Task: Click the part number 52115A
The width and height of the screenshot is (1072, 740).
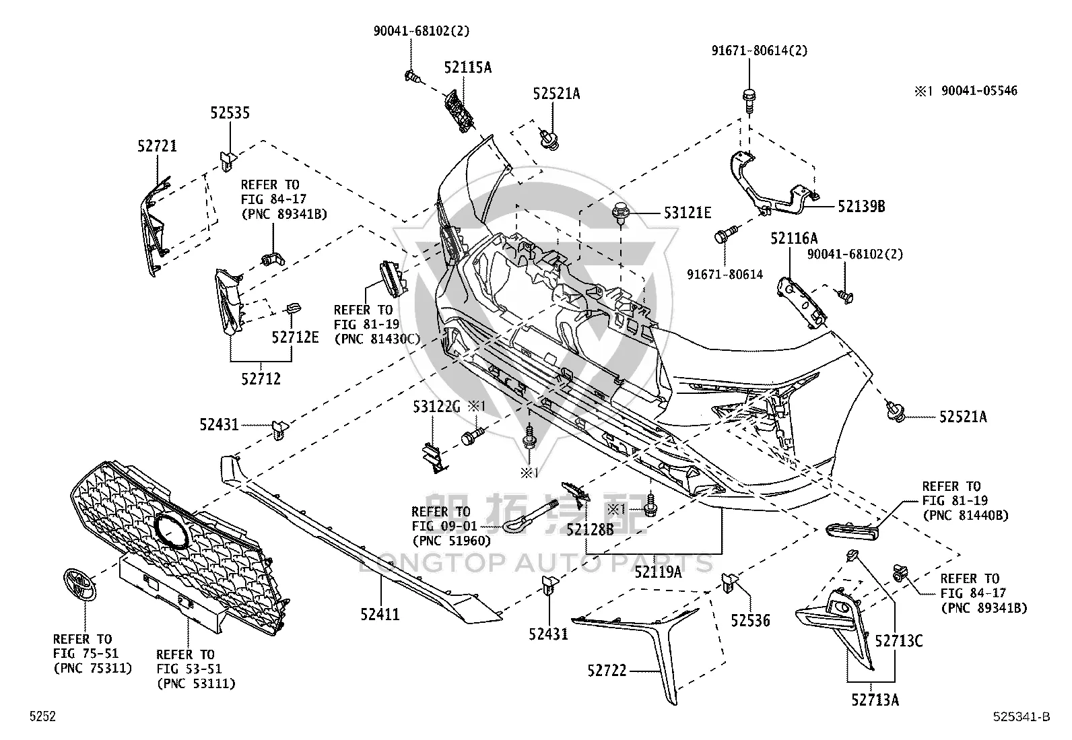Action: click(x=467, y=67)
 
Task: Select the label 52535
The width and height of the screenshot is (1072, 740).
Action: click(x=230, y=113)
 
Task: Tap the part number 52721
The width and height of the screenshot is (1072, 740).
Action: click(x=158, y=146)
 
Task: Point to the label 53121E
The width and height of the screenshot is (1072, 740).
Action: click(x=688, y=213)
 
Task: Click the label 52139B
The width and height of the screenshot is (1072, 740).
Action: click(x=861, y=206)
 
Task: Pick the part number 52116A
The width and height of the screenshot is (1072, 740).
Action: click(x=794, y=238)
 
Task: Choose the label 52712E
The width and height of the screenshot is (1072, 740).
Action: click(x=296, y=337)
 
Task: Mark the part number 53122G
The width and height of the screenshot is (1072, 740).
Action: click(x=436, y=407)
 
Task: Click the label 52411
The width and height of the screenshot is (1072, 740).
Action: click(x=380, y=614)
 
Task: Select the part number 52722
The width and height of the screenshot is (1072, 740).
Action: click(x=607, y=671)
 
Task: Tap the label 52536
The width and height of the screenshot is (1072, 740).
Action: click(x=750, y=620)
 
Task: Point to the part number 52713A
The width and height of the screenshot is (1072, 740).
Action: click(x=875, y=700)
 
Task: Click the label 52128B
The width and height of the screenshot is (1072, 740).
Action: click(x=590, y=530)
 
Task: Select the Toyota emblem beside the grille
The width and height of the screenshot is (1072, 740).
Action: click(x=79, y=586)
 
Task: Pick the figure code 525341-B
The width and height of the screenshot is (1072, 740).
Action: click(x=1021, y=716)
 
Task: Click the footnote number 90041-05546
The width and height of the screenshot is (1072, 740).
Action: click(x=979, y=91)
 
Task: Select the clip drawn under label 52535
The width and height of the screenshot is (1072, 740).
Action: click(x=228, y=160)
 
